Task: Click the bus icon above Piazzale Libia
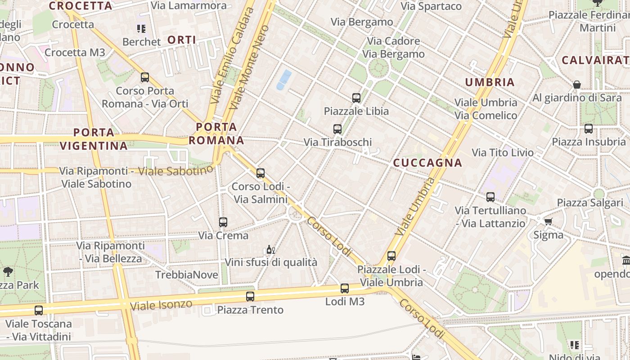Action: click(356, 98)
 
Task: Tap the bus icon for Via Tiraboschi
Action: click(337, 129)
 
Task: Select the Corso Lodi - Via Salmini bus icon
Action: click(260, 173)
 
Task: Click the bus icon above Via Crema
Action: click(223, 222)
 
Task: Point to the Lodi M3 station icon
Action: click(345, 288)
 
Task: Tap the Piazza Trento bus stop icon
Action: click(250, 296)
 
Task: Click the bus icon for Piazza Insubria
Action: click(589, 129)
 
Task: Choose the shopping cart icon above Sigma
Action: click(548, 221)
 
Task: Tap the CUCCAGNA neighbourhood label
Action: click(427, 163)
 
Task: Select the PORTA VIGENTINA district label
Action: click(94, 139)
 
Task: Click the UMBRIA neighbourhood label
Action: click(490, 82)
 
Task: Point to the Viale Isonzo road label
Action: click(161, 305)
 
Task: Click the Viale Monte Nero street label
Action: click(248, 67)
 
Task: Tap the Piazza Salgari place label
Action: click(590, 202)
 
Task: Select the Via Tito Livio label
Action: click(502, 153)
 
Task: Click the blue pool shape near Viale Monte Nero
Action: click(284, 79)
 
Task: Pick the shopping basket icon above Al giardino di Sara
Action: click(577, 85)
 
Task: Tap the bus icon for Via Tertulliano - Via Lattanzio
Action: click(490, 197)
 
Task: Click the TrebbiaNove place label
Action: click(187, 274)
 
